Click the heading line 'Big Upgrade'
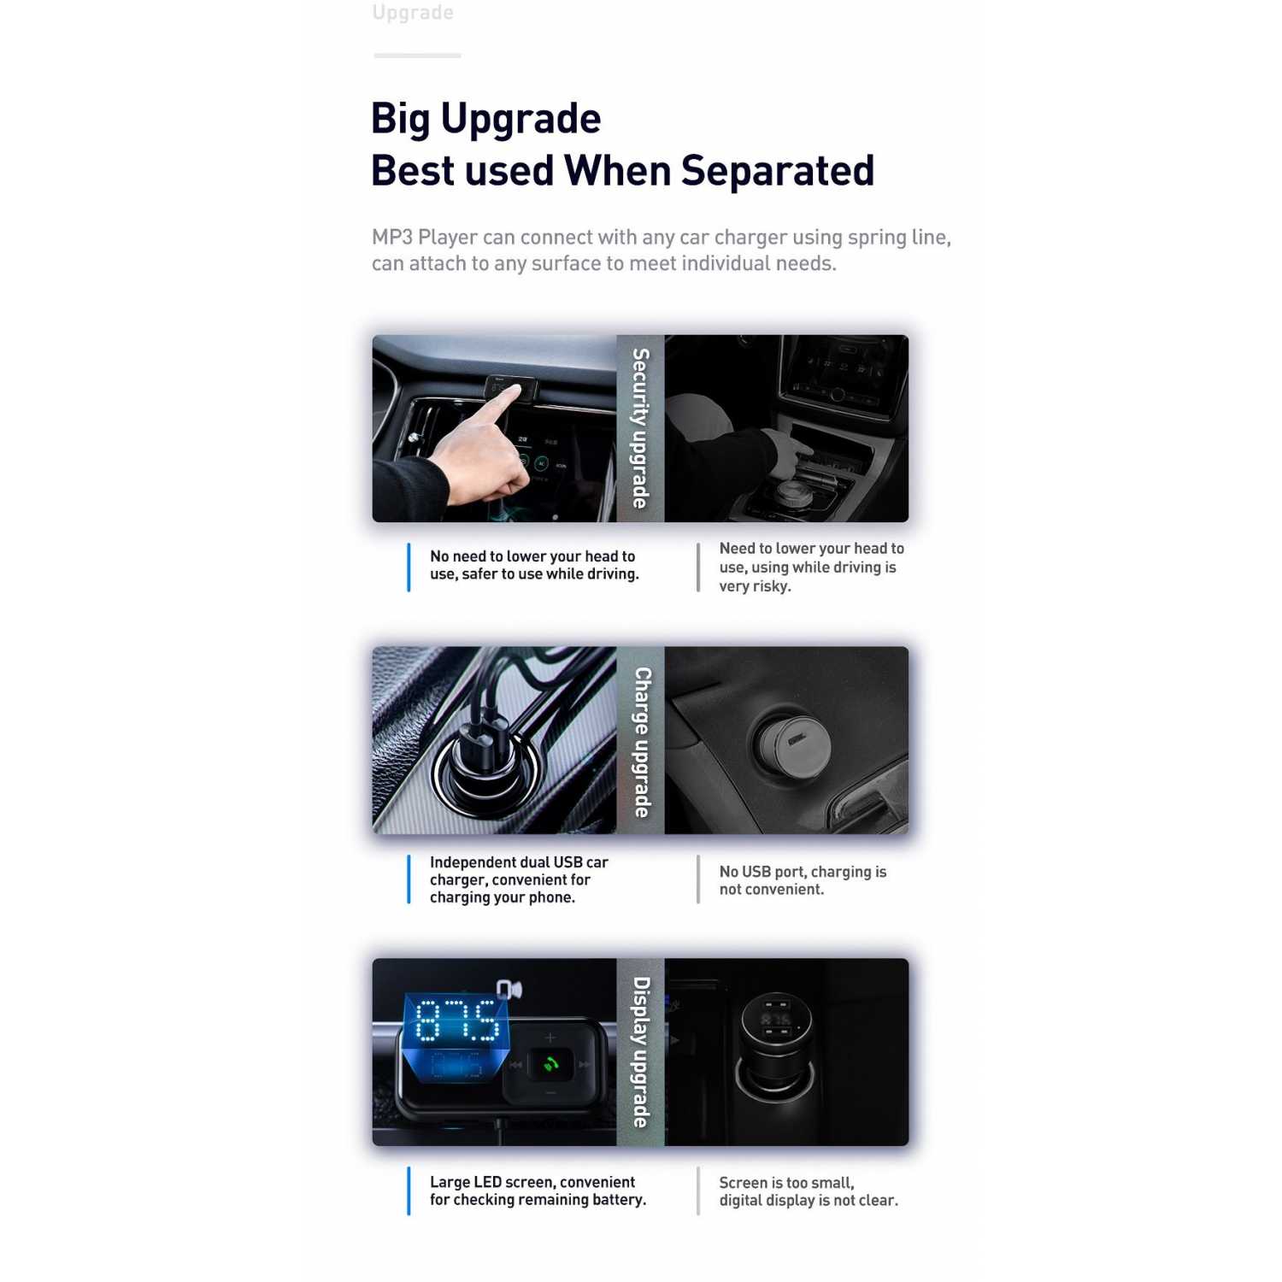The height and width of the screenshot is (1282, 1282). (x=485, y=120)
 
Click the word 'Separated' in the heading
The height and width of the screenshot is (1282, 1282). (x=778, y=171)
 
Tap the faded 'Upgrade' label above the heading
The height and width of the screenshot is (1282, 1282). (x=413, y=13)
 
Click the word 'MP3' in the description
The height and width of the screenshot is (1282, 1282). (x=391, y=237)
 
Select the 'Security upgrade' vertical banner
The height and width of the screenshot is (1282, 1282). (x=640, y=428)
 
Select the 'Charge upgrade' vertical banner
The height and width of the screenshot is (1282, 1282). (x=640, y=740)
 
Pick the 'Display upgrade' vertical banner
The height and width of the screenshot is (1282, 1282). (x=640, y=1052)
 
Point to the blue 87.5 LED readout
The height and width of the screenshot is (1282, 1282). (x=456, y=1020)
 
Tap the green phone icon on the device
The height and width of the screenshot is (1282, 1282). (x=550, y=1065)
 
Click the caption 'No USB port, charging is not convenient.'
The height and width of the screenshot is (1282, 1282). (x=803, y=880)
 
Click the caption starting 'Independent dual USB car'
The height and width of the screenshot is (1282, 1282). (x=519, y=879)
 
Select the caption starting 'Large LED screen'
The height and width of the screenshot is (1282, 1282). (x=538, y=1191)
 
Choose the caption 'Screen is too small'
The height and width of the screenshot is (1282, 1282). (x=809, y=1191)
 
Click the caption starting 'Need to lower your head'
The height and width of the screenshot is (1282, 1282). (x=811, y=567)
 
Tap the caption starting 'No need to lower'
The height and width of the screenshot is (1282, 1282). (x=534, y=565)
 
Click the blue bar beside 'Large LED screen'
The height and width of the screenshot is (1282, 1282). (x=409, y=1191)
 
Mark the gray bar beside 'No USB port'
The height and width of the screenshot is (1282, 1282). (x=698, y=879)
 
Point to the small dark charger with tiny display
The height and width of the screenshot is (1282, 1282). (x=775, y=1044)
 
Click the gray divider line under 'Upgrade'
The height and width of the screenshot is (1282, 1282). (x=417, y=56)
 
